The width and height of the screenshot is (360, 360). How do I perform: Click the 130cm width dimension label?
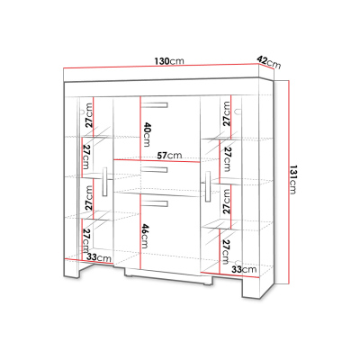(169, 61)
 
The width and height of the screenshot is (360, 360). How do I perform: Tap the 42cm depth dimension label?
(269, 61)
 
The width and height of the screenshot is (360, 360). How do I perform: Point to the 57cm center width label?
(170, 156)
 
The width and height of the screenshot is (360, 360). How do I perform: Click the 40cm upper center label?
(147, 134)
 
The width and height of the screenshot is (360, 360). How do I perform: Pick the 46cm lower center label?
(145, 236)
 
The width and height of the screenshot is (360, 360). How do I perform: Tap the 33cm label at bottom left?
(99, 257)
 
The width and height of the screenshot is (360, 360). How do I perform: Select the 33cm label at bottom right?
(244, 269)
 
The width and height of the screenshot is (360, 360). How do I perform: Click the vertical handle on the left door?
(104, 182)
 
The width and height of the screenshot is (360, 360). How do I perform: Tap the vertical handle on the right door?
(208, 186)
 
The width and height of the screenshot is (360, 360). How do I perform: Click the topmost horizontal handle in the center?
(155, 105)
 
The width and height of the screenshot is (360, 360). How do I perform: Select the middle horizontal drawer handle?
(155, 170)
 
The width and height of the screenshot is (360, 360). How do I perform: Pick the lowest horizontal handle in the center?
(155, 203)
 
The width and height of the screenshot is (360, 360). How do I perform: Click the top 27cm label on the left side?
(89, 115)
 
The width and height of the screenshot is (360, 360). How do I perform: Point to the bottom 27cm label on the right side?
(226, 252)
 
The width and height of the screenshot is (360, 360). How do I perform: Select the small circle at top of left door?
(81, 112)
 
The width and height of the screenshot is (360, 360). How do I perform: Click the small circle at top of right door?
(238, 112)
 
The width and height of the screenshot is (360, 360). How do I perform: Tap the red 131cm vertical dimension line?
(289, 182)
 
